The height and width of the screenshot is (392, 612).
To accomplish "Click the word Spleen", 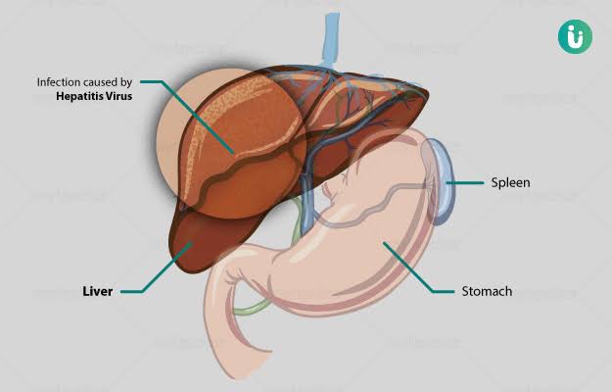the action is click(510, 183).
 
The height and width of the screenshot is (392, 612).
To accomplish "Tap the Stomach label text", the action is click(487, 291).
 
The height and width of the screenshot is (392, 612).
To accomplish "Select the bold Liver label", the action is click(98, 291).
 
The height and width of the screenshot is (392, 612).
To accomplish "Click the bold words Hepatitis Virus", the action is click(94, 96).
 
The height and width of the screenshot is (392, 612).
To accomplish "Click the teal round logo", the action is click(575, 36).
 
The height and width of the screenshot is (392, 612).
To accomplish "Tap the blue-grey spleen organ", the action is click(441, 182).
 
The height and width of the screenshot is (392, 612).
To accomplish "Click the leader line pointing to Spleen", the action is click(465, 182).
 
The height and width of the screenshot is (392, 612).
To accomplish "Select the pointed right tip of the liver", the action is click(427, 95).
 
